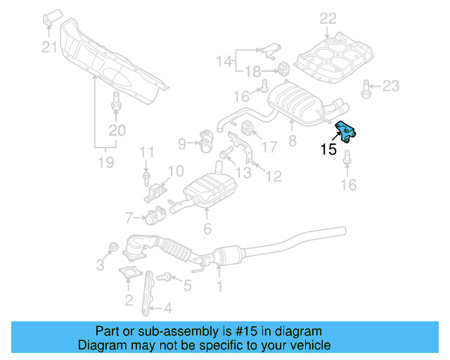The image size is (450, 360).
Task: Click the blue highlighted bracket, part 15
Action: point(347,131)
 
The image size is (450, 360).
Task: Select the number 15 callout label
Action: point(328,149)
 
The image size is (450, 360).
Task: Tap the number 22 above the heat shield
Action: point(328,18)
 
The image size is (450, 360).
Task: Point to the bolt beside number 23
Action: point(366,87)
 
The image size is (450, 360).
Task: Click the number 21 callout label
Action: point(48,48)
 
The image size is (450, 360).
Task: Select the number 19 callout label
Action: point(105,164)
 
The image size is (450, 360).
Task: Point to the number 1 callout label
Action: point(219,286)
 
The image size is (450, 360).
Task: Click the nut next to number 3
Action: point(112,248)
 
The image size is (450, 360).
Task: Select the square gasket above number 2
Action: point(128,275)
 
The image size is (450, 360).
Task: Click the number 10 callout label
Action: point(176,170)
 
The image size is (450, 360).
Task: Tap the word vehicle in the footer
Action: point(307,345)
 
